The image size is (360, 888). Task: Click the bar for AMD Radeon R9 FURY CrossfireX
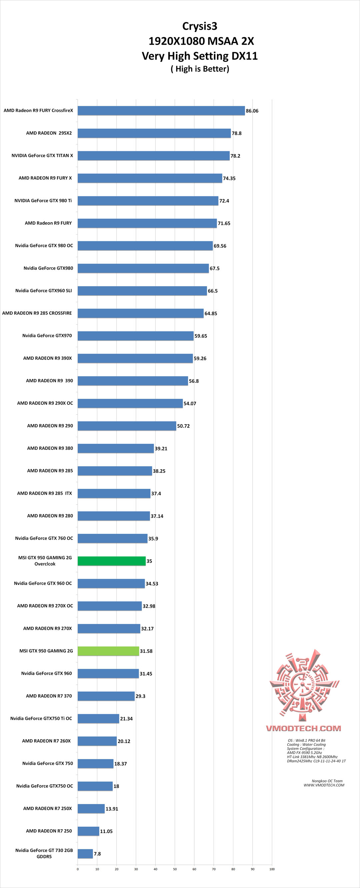point(161,111)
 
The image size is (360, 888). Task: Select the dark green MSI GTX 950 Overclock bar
point(111,561)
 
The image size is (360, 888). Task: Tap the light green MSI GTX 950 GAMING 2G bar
point(108,651)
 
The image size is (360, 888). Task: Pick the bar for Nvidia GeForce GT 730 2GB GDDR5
point(85,854)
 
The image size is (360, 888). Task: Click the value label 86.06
point(252,111)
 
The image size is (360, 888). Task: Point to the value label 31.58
point(146,651)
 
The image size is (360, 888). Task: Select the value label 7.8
point(97,854)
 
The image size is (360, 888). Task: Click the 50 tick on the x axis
point(175,869)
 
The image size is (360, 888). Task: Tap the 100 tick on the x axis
point(272,869)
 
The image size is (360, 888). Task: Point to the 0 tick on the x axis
point(78,869)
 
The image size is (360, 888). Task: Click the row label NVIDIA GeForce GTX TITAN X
point(42,156)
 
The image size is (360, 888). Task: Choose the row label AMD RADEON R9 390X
point(48,358)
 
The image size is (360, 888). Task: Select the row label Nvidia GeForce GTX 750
point(48,763)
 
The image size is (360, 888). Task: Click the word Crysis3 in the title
point(200,26)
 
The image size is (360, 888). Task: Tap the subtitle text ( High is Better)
point(200,69)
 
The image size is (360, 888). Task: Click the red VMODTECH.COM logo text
point(303,728)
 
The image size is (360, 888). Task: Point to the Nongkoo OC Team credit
point(327,781)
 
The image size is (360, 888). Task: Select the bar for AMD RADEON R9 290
point(127,426)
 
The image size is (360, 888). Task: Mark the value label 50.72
point(183,426)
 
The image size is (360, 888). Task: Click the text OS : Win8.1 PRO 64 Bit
point(307,740)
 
